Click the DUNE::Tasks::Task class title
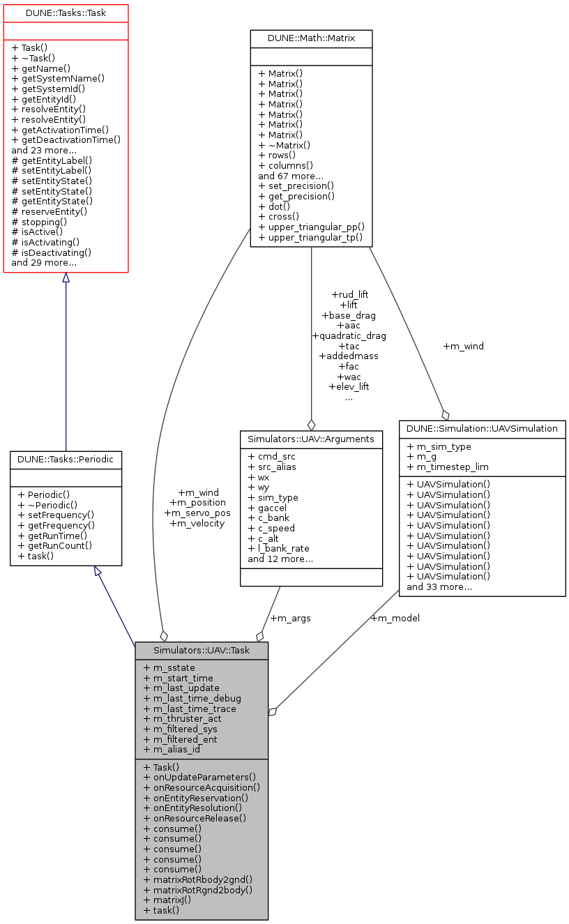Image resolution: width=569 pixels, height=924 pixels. click(66, 13)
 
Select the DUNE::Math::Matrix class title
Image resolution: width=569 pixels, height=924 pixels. click(311, 38)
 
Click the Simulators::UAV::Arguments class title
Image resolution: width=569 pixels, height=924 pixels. click(311, 439)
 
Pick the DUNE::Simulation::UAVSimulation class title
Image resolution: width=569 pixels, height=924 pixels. click(482, 429)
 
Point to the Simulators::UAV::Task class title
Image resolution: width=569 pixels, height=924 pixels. click(202, 650)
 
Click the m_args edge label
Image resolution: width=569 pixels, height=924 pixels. click(290, 618)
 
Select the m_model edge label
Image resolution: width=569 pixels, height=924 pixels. click(395, 618)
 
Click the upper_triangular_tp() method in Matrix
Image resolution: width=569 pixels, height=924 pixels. click(310, 237)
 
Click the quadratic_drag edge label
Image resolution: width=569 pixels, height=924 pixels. click(349, 335)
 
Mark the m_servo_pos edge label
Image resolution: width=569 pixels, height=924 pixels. click(197, 513)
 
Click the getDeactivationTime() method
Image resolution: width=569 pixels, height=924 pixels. click(66, 139)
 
